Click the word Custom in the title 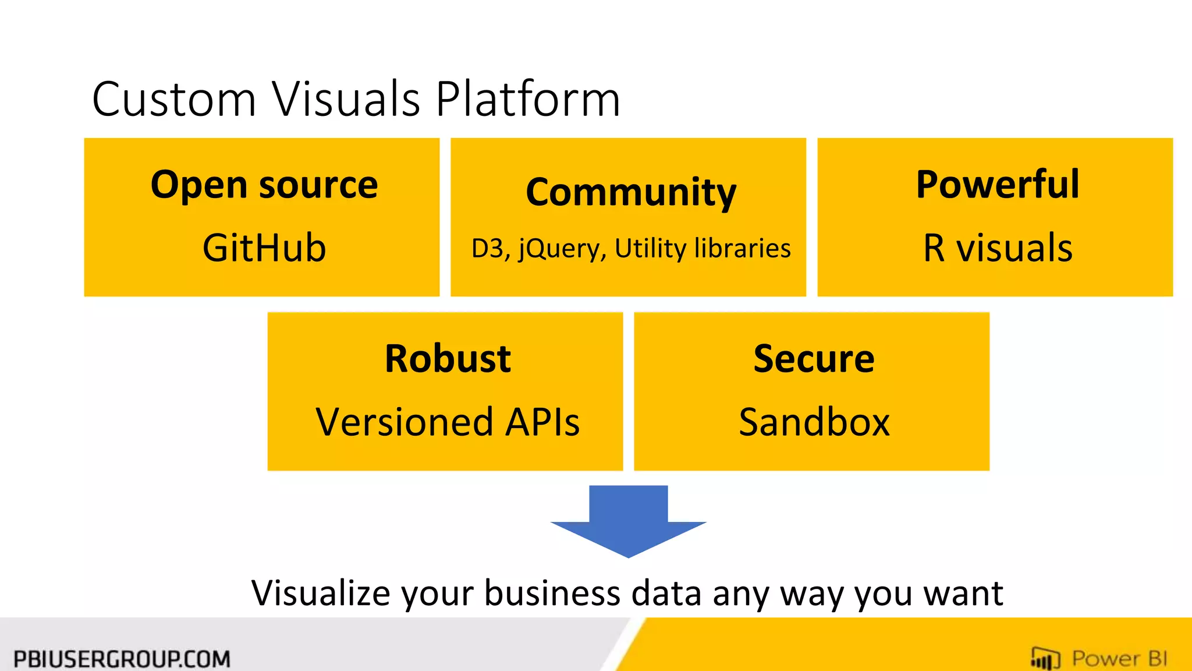tap(173, 100)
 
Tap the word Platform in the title tap(527, 100)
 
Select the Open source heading tap(264, 185)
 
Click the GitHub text tap(264, 248)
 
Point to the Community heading tap(630, 192)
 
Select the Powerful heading tap(998, 185)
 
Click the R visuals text tap(998, 248)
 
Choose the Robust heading tap(448, 359)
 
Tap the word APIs tap(542, 422)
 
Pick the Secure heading tap(814, 359)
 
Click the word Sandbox tap(814, 422)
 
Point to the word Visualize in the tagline tap(321, 594)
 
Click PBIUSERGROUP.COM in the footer tap(122, 659)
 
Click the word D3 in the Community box tap(487, 249)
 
